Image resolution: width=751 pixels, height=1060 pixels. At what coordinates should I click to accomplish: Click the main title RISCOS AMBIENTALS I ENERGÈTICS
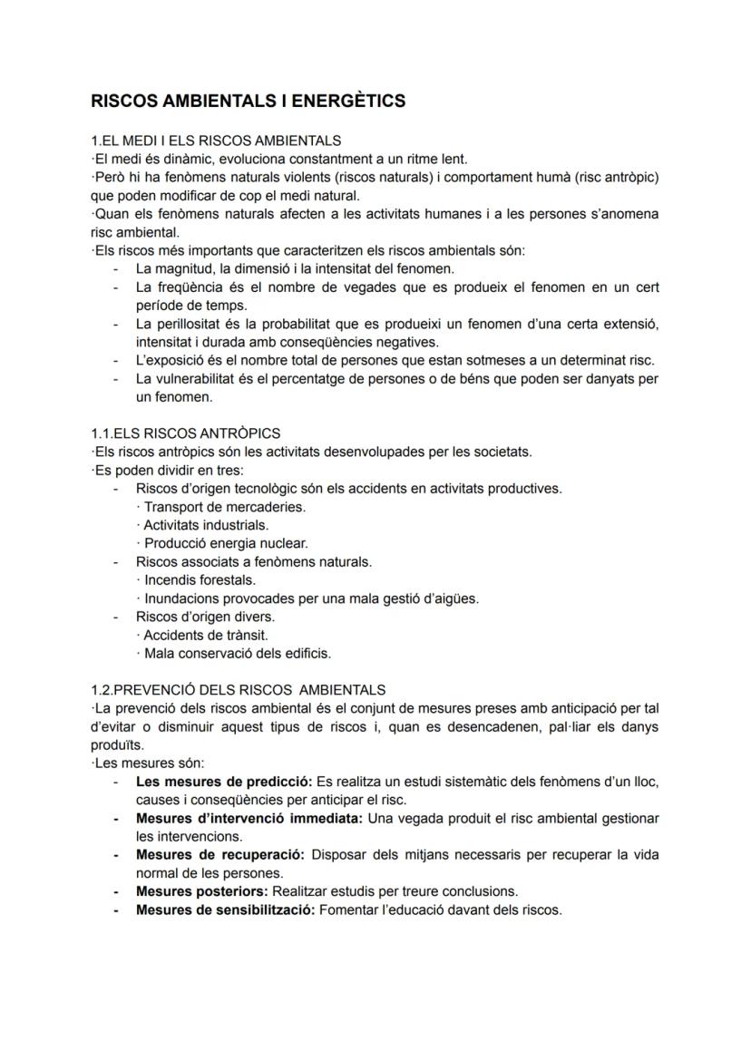pos(248,101)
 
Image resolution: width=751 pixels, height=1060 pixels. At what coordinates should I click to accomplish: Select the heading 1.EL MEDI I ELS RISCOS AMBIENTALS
pos(216,141)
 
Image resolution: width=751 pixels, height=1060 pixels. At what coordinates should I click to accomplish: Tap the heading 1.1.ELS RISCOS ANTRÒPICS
pos(186,433)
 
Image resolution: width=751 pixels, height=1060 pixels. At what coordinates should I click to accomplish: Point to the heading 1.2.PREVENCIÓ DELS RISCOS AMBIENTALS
pos(238,690)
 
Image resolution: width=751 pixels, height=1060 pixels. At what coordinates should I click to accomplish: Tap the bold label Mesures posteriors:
pos(201,891)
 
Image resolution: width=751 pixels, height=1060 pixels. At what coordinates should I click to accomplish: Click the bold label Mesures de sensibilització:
pos(225,909)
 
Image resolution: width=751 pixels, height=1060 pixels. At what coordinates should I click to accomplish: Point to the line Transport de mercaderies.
pos(224,507)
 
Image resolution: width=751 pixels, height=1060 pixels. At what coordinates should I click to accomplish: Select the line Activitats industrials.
pos(206,525)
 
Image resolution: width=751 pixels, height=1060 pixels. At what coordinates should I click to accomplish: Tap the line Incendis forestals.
pos(200,580)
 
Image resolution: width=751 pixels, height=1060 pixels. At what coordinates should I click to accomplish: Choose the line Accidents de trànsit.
pos(206,635)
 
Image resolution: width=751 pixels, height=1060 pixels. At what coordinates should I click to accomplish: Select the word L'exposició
pos(169,360)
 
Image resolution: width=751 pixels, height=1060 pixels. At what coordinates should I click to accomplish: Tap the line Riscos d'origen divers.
pos(205,617)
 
